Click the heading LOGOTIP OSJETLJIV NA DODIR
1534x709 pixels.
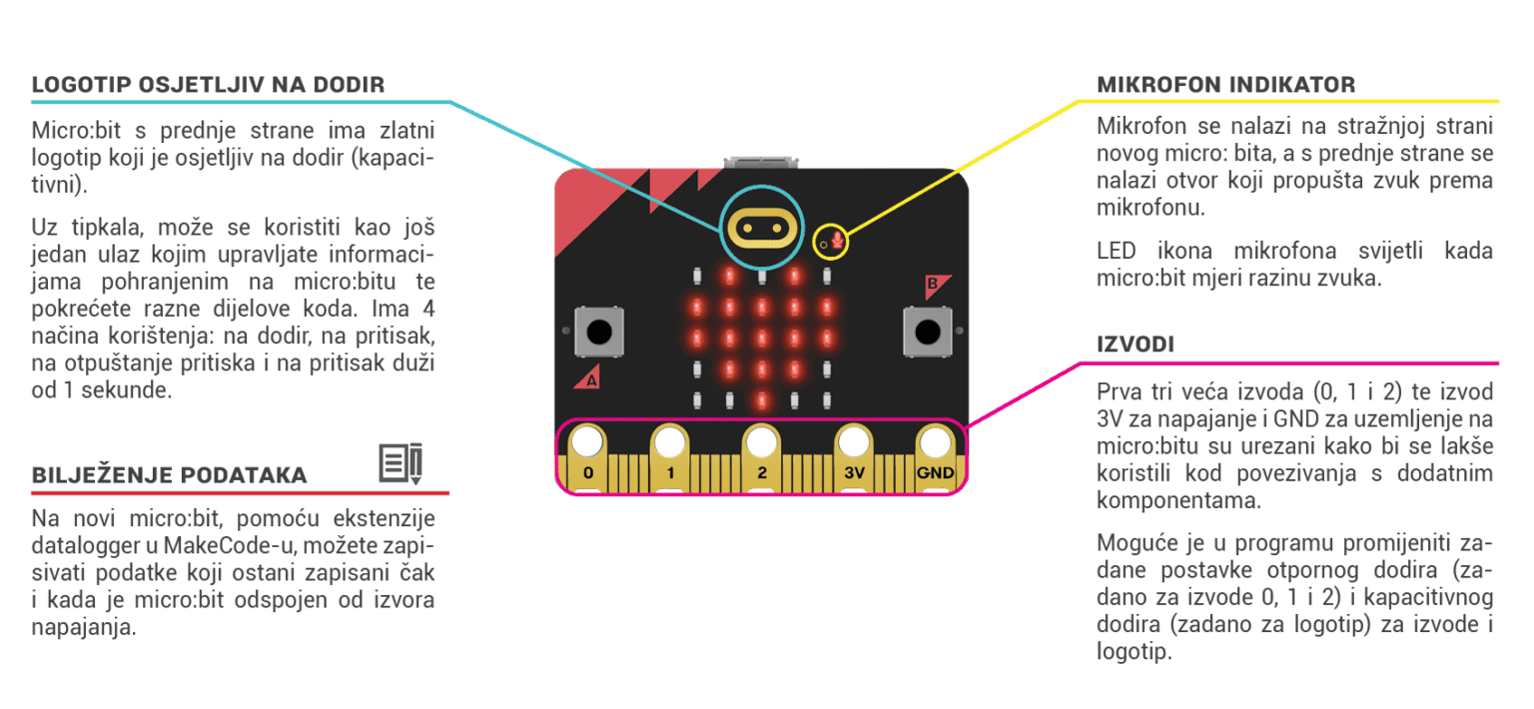click(208, 85)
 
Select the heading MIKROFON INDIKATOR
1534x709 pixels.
click(1225, 85)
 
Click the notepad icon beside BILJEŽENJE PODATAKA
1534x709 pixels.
click(401, 463)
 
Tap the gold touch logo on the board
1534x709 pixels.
click(761, 227)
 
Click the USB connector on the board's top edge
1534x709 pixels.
click(761, 161)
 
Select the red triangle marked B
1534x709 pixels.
click(935, 286)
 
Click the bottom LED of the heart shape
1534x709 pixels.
click(761, 400)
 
